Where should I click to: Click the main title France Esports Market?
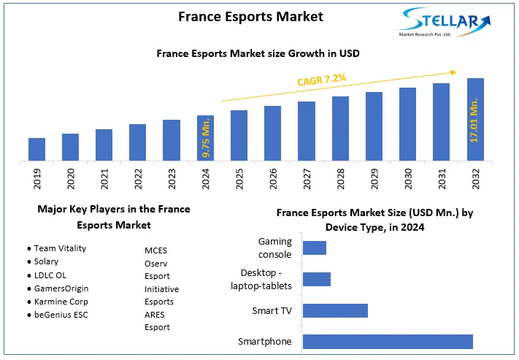tap(240, 16)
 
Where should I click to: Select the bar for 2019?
tap(36, 149)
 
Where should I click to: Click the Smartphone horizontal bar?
tap(388, 341)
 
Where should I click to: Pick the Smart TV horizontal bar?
tap(335, 310)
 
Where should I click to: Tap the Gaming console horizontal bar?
tap(315, 248)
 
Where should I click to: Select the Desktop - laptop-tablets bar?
tap(317, 279)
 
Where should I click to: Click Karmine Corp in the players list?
tap(62, 301)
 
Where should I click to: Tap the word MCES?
tap(155, 250)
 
